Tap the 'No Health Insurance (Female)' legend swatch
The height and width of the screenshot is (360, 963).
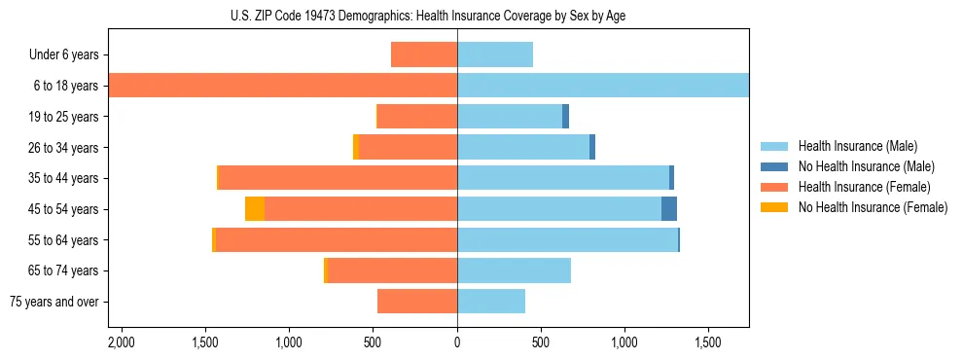(x=774, y=207)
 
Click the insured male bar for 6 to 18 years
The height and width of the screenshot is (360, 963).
(x=603, y=86)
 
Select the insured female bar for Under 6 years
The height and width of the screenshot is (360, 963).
(x=424, y=54)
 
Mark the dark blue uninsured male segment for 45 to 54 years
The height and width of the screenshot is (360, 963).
(x=669, y=209)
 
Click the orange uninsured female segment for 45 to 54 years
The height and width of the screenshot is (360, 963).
(x=255, y=209)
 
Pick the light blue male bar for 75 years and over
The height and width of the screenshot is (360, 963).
(x=491, y=302)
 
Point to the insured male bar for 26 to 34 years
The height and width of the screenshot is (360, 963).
(x=523, y=147)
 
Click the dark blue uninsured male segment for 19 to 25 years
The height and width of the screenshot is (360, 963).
(x=565, y=117)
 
